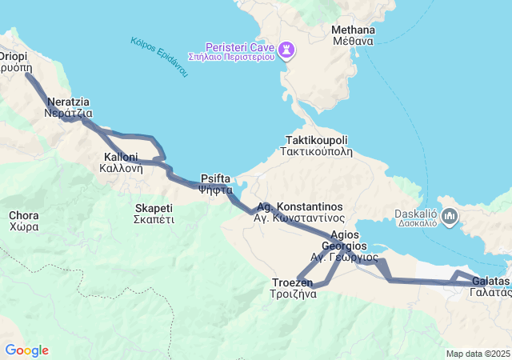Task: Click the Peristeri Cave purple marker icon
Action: (286, 50)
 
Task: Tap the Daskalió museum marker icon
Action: (449, 216)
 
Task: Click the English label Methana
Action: (353, 30)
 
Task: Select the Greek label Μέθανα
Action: (353, 42)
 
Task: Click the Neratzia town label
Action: (68, 102)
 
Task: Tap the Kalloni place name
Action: (121, 157)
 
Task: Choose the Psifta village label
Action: (216, 179)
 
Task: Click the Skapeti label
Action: (154, 208)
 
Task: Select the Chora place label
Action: (23, 215)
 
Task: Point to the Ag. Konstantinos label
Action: (299, 206)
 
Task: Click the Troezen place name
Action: (293, 282)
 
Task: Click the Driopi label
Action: (13, 57)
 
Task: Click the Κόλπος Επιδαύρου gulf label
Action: (159, 57)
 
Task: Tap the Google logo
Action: (26, 350)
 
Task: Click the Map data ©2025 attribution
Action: (478, 354)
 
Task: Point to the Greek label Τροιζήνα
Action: (293, 294)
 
